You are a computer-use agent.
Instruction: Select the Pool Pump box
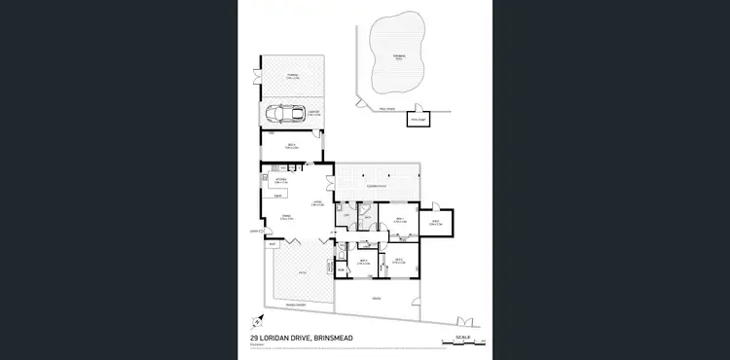[x=419, y=121]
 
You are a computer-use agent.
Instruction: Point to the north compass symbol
[x=256, y=319]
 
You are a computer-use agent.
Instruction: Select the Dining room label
[x=288, y=216]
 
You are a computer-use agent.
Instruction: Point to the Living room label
[x=317, y=203]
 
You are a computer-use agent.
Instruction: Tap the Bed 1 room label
[x=399, y=220]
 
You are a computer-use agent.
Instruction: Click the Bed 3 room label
[x=364, y=261]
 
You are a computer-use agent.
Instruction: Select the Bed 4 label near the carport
[x=291, y=146]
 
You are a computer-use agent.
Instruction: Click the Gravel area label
[x=377, y=298]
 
